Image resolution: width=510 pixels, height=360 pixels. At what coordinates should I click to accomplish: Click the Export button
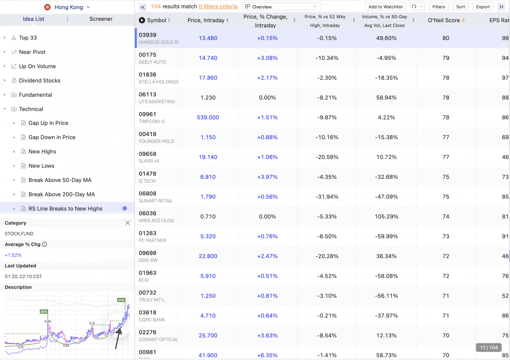click(482, 7)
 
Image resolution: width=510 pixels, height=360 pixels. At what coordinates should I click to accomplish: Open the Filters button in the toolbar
click(438, 7)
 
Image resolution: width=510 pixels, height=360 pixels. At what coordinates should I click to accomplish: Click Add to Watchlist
click(385, 7)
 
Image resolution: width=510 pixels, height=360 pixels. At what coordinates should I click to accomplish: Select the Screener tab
click(101, 19)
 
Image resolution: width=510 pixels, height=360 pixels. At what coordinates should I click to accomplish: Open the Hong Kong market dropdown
click(68, 7)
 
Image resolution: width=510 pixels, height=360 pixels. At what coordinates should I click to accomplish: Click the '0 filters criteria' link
click(218, 6)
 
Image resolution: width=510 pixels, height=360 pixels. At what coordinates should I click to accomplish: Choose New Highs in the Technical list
click(42, 152)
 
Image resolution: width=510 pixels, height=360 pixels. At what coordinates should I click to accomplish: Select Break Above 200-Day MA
click(61, 194)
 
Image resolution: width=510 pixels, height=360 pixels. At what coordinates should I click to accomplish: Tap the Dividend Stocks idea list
click(40, 81)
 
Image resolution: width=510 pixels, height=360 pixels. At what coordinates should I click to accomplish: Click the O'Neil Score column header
click(444, 20)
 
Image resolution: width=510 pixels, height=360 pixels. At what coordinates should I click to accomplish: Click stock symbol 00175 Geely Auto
click(147, 55)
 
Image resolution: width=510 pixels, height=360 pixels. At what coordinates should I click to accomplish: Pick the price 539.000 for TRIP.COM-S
click(208, 117)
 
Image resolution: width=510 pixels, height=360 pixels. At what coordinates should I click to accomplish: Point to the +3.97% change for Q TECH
click(267, 177)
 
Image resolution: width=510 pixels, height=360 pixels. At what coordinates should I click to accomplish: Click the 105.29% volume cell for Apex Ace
click(386, 217)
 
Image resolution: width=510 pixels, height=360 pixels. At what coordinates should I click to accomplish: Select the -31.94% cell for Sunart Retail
click(327, 197)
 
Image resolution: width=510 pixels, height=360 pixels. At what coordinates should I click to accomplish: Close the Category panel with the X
click(127, 223)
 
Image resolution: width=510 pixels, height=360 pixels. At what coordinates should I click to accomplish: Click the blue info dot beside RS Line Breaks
click(125, 208)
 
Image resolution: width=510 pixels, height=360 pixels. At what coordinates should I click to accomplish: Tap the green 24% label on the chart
click(121, 300)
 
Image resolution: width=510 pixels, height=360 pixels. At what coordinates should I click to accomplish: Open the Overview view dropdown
click(282, 7)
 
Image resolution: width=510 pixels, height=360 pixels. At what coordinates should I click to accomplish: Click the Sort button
click(460, 7)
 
